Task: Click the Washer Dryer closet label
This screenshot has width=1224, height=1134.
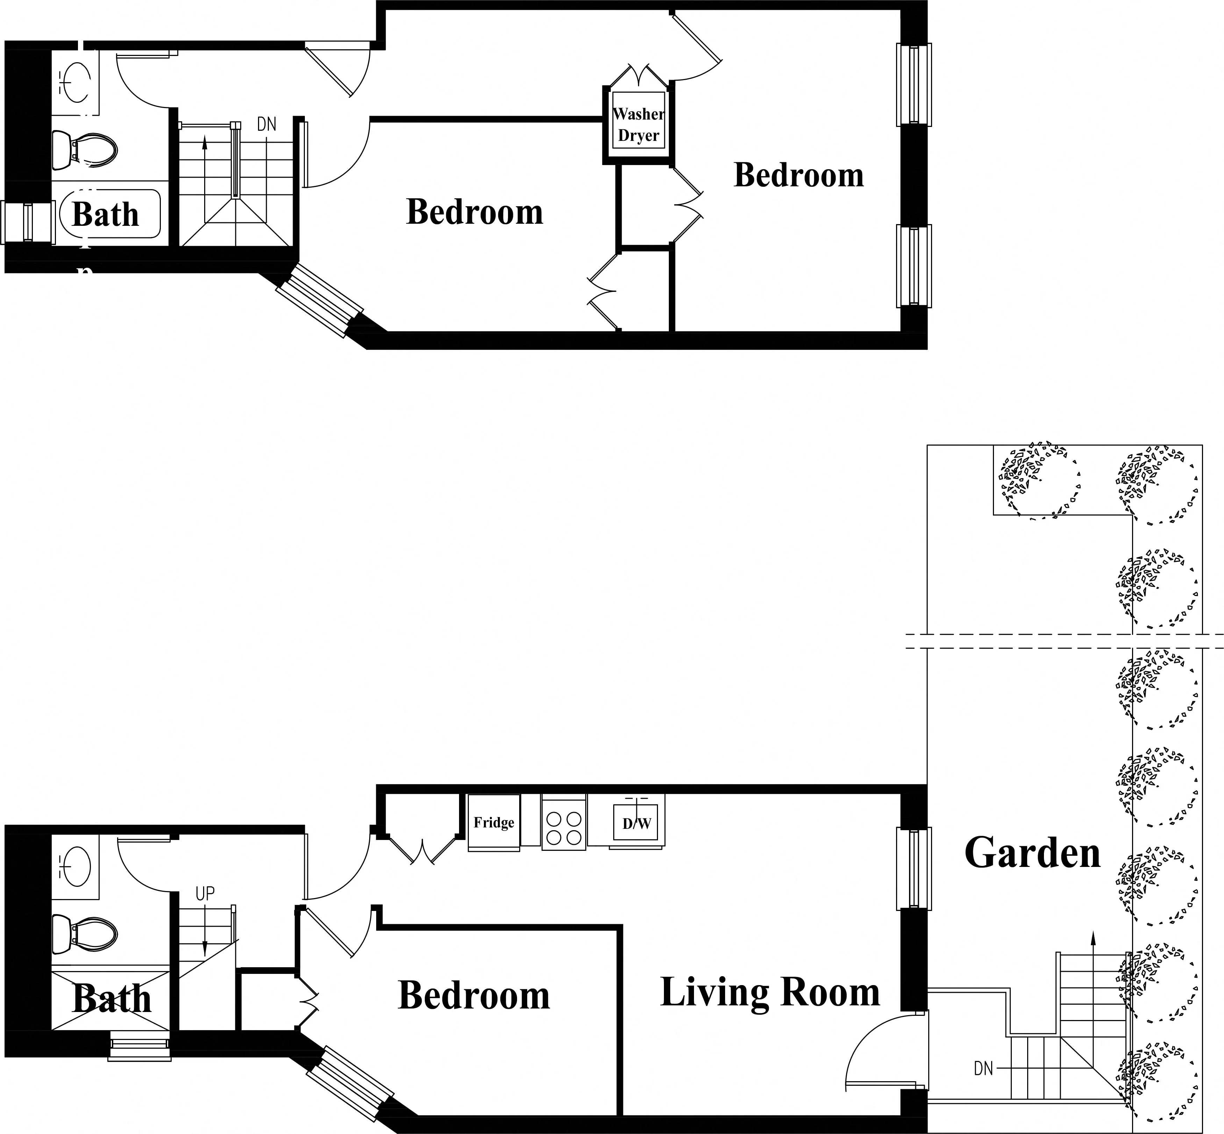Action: tap(638, 124)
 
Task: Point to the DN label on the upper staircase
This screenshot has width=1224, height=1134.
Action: tap(266, 124)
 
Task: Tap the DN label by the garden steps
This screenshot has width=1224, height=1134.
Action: tap(983, 1068)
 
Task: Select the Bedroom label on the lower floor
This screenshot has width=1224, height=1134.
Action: tap(474, 995)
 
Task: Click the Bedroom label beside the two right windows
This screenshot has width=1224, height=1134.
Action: tap(799, 175)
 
